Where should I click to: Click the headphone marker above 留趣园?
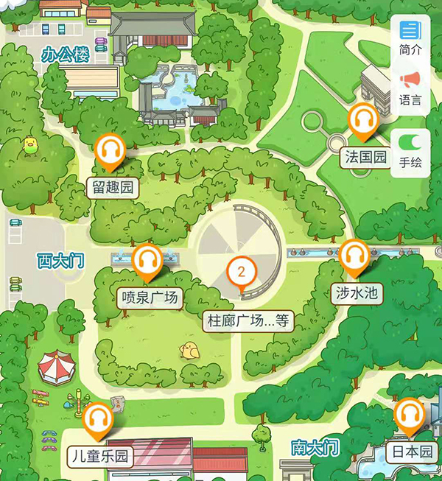(x=110, y=151)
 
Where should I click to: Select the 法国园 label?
(x=366, y=157)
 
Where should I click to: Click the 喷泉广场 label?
(x=149, y=298)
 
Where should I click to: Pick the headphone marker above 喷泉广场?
(x=148, y=261)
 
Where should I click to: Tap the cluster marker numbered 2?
(x=241, y=273)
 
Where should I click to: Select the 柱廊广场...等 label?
(x=248, y=320)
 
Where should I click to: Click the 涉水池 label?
(x=357, y=293)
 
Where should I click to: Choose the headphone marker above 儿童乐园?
(x=97, y=421)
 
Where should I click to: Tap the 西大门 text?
(x=61, y=259)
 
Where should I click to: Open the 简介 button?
(x=410, y=38)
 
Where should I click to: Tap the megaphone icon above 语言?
(x=410, y=79)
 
